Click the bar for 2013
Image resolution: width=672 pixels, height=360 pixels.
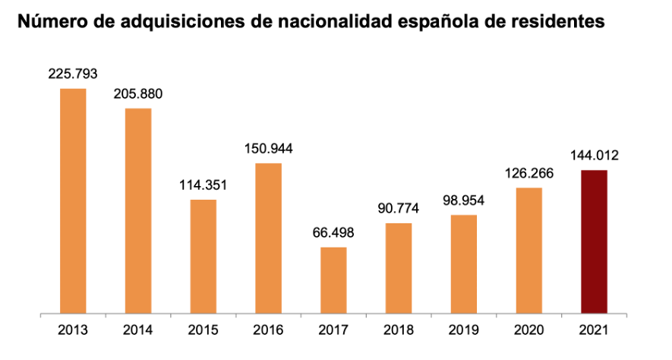point(73,201)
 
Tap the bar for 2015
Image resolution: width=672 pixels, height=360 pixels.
point(203,256)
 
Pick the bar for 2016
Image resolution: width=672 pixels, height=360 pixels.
point(268,238)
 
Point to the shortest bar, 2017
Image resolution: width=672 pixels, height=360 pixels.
point(333,279)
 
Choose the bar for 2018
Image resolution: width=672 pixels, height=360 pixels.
point(399,267)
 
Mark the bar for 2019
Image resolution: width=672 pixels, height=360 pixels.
point(464,264)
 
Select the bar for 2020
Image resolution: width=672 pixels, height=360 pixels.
point(529,250)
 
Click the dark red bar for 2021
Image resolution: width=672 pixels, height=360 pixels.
point(594,242)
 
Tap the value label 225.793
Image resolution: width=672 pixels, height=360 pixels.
point(73,74)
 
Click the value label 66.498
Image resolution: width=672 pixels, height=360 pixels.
point(333,232)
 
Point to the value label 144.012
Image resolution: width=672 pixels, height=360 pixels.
point(594,156)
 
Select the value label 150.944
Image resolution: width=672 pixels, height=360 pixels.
point(268,148)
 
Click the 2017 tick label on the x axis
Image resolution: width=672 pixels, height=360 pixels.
point(333,330)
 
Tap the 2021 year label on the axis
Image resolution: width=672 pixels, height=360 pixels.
point(594,330)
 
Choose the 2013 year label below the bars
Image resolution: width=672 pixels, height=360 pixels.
point(73,330)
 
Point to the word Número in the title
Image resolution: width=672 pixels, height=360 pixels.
point(48,21)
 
